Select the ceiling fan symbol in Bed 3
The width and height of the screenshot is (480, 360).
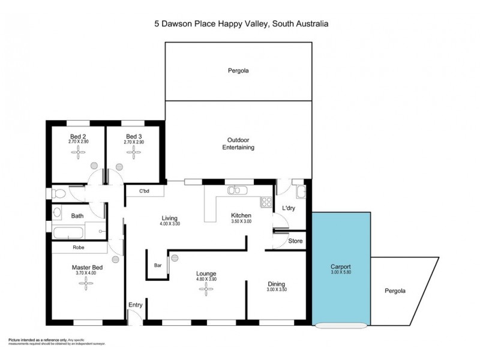coord(133,153)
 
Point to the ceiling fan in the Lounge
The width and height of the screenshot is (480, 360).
coord(206,290)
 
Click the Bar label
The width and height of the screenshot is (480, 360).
coord(158,264)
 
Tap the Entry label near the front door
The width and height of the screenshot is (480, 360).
coord(135,305)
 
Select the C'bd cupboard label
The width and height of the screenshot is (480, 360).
coord(143,192)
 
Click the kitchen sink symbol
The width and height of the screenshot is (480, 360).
coord(234,191)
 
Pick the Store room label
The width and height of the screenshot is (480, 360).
coord(296,241)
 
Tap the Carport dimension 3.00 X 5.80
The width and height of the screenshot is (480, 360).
coord(340,272)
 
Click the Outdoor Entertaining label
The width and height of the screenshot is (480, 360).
coord(238,143)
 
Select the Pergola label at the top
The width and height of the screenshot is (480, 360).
coord(238,71)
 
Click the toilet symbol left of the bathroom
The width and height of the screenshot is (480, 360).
coord(58,193)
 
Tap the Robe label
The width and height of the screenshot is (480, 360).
coord(78,247)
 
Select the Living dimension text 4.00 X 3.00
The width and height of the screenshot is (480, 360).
coord(170,224)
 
